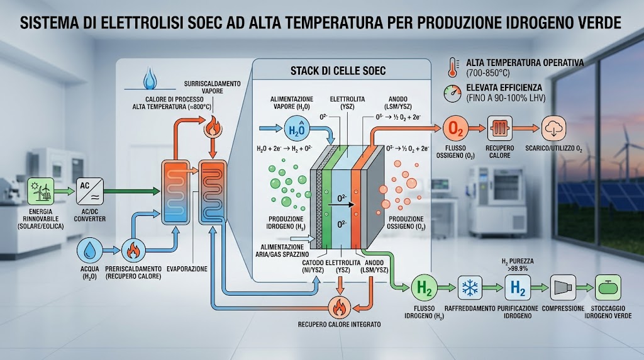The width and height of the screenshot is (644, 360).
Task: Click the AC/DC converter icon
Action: click(90, 191)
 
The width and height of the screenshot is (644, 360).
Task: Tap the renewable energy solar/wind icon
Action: click(41, 191)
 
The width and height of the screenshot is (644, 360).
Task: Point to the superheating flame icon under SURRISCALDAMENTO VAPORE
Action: click(213, 127)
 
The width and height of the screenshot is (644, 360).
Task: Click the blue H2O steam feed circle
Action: click(296, 129)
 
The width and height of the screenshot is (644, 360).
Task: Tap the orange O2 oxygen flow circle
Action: click(455, 128)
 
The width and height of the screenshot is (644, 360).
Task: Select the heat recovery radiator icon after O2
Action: click(499, 128)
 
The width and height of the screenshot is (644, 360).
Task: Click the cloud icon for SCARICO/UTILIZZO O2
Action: click(553, 128)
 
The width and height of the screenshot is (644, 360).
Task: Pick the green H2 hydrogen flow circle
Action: click(425, 288)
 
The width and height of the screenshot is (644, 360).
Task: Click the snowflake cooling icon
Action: click(470, 288)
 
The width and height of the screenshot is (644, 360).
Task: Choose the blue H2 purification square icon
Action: click(518, 288)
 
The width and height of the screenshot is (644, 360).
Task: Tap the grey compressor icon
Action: click(563, 288)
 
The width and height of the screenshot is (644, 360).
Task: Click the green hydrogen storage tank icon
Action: click(608, 288)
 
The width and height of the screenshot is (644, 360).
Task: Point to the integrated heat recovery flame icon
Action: click(339, 307)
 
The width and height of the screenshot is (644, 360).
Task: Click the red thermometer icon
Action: click(453, 67)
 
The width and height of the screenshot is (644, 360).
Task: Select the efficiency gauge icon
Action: click(453, 94)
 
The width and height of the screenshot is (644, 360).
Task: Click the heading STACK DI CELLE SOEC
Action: click(338, 71)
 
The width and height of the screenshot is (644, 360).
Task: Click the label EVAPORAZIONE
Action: click(187, 269)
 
